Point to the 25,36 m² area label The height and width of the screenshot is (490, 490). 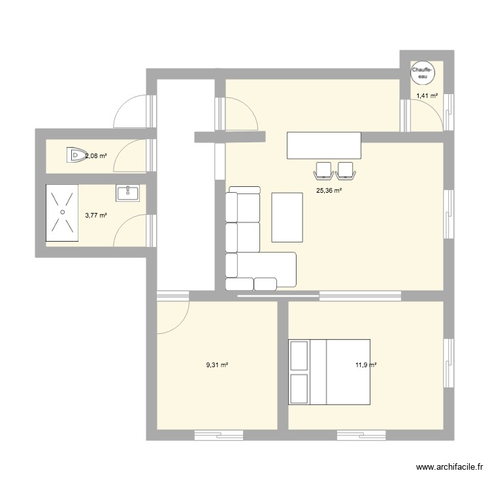pyautogui.click(x=329, y=191)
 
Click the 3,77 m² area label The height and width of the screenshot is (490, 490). pyautogui.click(x=96, y=215)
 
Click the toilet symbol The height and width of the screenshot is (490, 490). pyautogui.click(x=75, y=155)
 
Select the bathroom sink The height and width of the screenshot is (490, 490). pyautogui.click(x=127, y=192)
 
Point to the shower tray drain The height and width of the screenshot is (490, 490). pyautogui.click(x=62, y=211)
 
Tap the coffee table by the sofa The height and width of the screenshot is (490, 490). pyautogui.click(x=287, y=216)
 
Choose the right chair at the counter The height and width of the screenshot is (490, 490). pyautogui.click(x=345, y=170)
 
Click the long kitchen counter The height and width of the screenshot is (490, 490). pyautogui.click(x=323, y=145)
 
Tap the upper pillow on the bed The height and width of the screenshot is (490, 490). pyautogui.click(x=299, y=354)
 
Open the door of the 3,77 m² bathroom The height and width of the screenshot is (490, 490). pyautogui.click(x=135, y=229)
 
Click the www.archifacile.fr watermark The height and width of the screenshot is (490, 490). pyautogui.click(x=449, y=467)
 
